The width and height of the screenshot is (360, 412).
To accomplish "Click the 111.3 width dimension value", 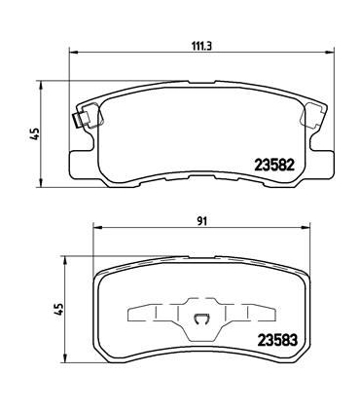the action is (201, 46).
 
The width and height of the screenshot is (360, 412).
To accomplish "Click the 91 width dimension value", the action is (201, 221).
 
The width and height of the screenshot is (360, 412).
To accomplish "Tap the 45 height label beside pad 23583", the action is (58, 309).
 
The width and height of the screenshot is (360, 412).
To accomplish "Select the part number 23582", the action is (274, 166).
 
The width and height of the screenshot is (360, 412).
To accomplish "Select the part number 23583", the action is (277, 340).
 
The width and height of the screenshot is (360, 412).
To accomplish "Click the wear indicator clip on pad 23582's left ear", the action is (77, 120).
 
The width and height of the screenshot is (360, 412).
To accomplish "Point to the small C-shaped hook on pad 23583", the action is (201, 319).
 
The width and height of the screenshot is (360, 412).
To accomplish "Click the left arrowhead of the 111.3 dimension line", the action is (74, 52).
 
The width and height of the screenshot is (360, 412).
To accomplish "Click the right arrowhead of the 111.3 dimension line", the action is (330, 52).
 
